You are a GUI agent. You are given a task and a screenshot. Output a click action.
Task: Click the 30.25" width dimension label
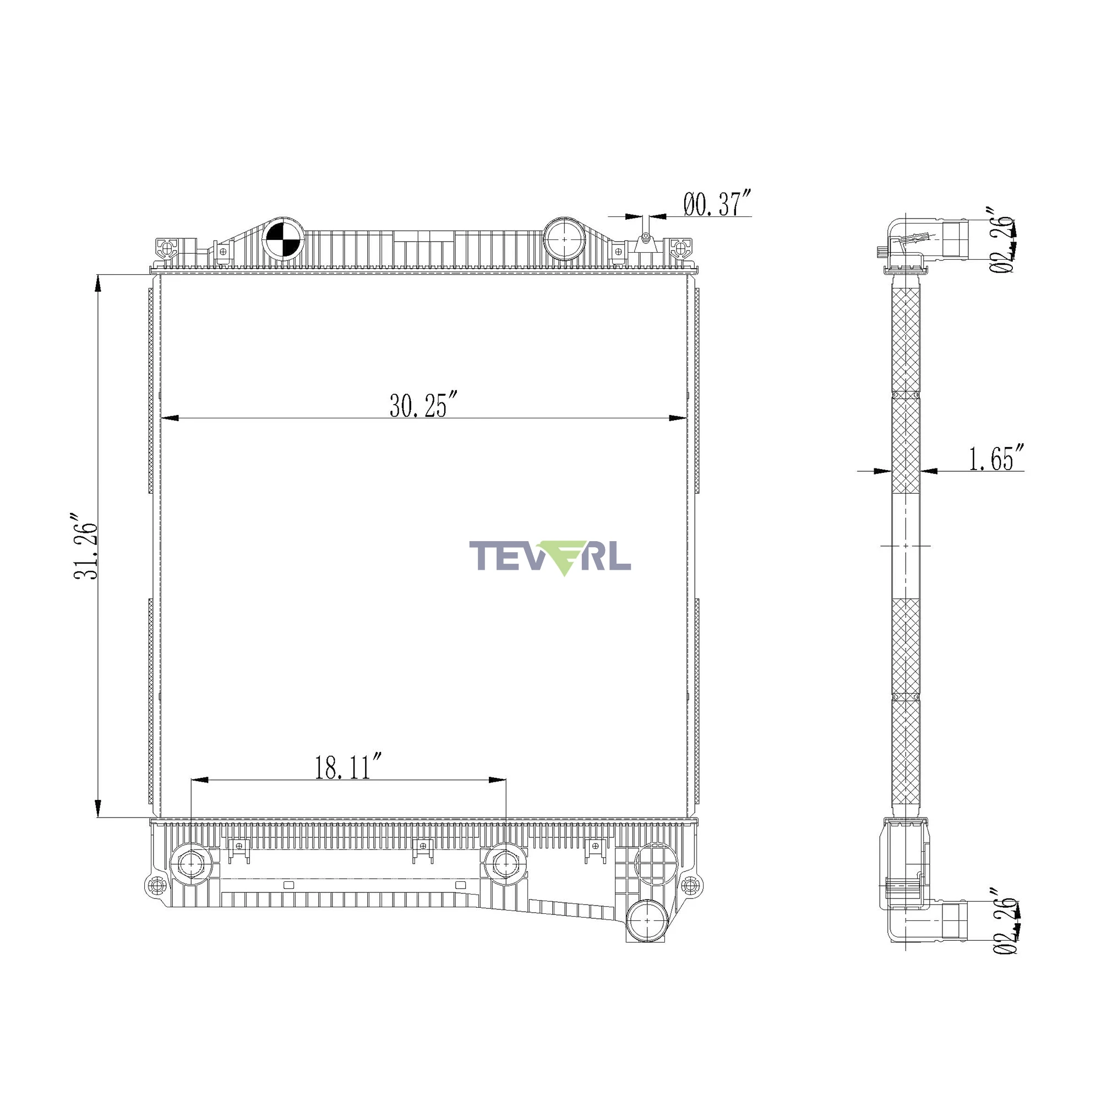pyautogui.click(x=424, y=405)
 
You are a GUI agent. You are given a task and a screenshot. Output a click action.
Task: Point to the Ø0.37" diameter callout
pyautogui.click(x=718, y=204)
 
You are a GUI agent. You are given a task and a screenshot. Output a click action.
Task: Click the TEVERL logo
pyautogui.click(x=550, y=557)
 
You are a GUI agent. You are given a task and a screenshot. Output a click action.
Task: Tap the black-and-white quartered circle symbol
pyautogui.click(x=282, y=239)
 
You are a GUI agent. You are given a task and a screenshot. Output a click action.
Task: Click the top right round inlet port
pyautogui.click(x=564, y=239)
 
